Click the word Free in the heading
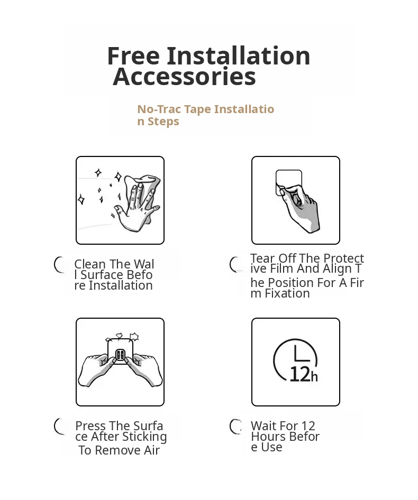tap(133, 56)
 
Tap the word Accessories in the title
tap(185, 77)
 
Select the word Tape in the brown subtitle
tap(198, 109)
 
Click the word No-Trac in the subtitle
tap(159, 109)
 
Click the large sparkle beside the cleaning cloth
tap(118, 177)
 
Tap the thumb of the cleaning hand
tap(120, 210)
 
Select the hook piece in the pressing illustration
tap(120, 354)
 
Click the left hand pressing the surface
tap(96, 369)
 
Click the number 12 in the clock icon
tap(300, 374)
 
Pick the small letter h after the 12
tap(314, 377)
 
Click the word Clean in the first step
tap(90, 264)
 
